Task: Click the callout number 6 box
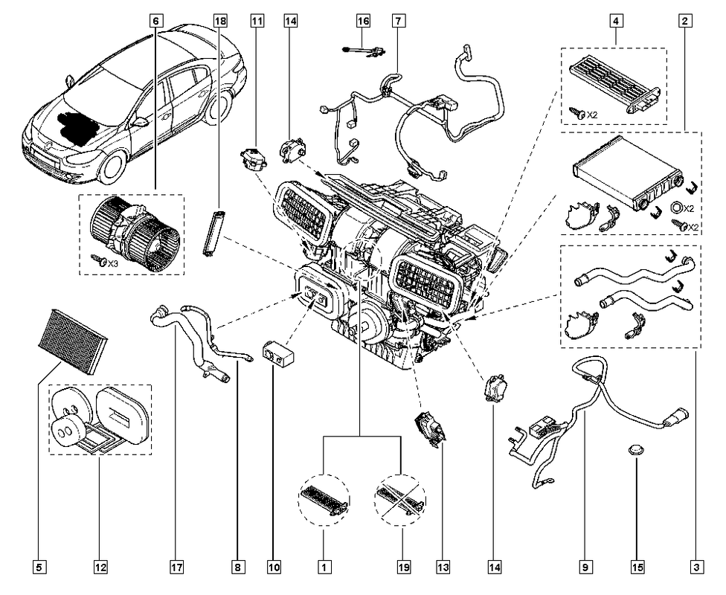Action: click(156, 21)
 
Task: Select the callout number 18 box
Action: click(221, 21)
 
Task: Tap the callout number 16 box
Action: click(364, 21)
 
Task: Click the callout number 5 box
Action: click(40, 567)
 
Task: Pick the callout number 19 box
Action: click(404, 567)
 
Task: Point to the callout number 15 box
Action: click(637, 567)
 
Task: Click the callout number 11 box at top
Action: click(257, 21)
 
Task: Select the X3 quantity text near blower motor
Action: click(112, 263)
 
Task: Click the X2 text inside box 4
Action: click(592, 115)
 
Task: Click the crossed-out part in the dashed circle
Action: click(400, 500)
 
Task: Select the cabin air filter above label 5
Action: click(73, 341)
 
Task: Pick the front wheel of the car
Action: click(112, 169)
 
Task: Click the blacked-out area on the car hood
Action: click(78, 125)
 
